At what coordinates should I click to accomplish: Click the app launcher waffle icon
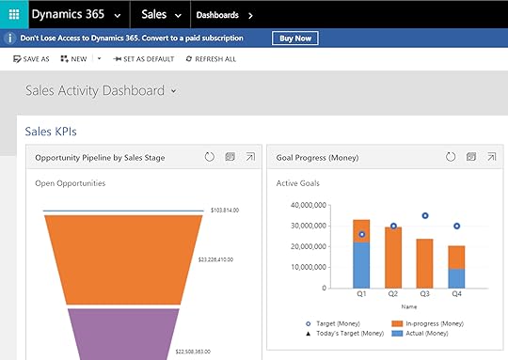pos(13,15)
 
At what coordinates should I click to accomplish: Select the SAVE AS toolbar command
pos(32,58)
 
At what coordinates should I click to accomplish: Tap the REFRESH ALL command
pos(211,58)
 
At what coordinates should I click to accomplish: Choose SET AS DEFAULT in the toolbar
pos(143,58)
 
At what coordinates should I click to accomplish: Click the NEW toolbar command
pos(73,58)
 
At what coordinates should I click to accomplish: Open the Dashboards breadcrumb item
pos(217,15)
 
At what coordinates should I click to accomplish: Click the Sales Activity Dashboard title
pos(95,91)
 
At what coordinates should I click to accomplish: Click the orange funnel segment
pos(124,258)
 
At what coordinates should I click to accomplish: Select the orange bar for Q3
pos(425,263)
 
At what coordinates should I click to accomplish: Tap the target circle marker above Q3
pos(425,215)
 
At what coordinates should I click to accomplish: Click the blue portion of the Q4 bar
pos(456,279)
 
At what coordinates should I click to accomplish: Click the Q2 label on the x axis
pos(393,294)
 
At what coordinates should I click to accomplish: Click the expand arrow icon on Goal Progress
pos(491,157)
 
